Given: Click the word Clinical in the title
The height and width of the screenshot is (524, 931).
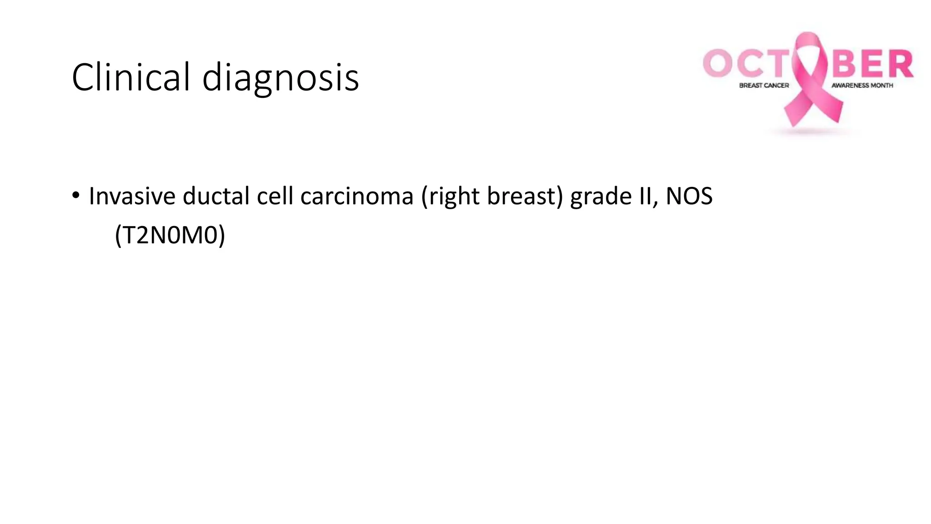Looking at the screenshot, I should coord(130,77).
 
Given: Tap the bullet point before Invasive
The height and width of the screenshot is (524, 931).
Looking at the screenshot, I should coord(76,196).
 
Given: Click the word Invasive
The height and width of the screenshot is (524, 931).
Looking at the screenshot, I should coord(132,196).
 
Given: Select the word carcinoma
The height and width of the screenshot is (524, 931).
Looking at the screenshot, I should coord(357,196).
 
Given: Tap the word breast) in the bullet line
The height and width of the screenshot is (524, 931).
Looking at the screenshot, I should coord(525,196).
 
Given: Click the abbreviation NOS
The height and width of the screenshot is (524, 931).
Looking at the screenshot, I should coord(689,196).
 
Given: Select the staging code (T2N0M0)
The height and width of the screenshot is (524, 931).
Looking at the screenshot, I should coord(170,235).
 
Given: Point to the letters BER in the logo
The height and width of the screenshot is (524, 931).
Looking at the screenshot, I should coord(872,64).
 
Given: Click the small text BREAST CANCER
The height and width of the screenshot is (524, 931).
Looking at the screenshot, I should coord(764,86).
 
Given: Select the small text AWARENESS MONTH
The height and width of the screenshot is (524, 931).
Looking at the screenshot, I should coord(862,86).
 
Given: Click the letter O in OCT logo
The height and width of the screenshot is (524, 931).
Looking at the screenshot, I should coord(718,63).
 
